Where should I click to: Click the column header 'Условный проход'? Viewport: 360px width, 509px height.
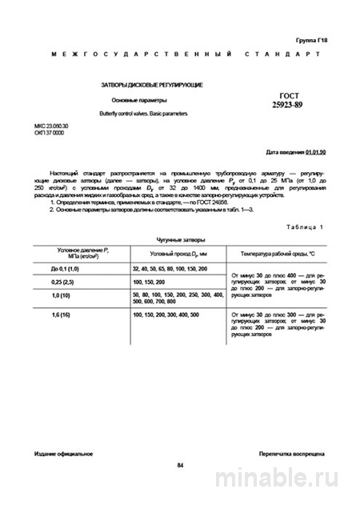[174, 253]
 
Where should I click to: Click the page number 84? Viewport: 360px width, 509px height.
[180, 466]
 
